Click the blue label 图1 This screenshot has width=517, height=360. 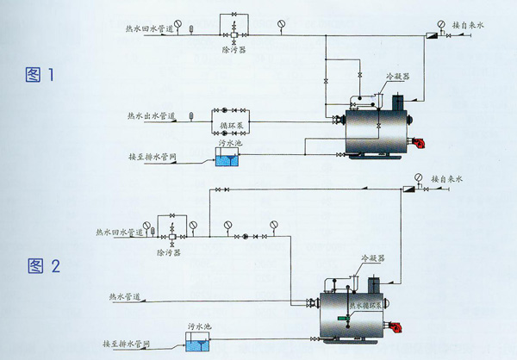(x=40, y=76)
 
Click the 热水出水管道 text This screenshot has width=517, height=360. (x=151, y=115)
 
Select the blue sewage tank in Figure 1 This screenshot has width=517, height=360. (x=230, y=157)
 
